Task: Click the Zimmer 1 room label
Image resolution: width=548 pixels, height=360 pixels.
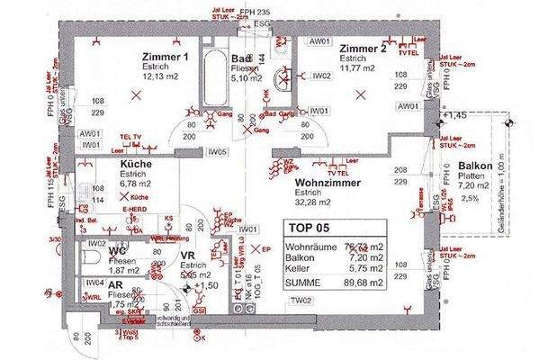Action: [x=165, y=58]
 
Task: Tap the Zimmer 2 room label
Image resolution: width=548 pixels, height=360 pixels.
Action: [x=363, y=49]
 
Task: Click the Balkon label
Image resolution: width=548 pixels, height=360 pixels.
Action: [x=474, y=167]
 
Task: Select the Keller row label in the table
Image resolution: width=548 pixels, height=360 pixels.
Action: [x=299, y=267]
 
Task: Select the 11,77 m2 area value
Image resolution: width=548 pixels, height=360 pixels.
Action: [x=360, y=67]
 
